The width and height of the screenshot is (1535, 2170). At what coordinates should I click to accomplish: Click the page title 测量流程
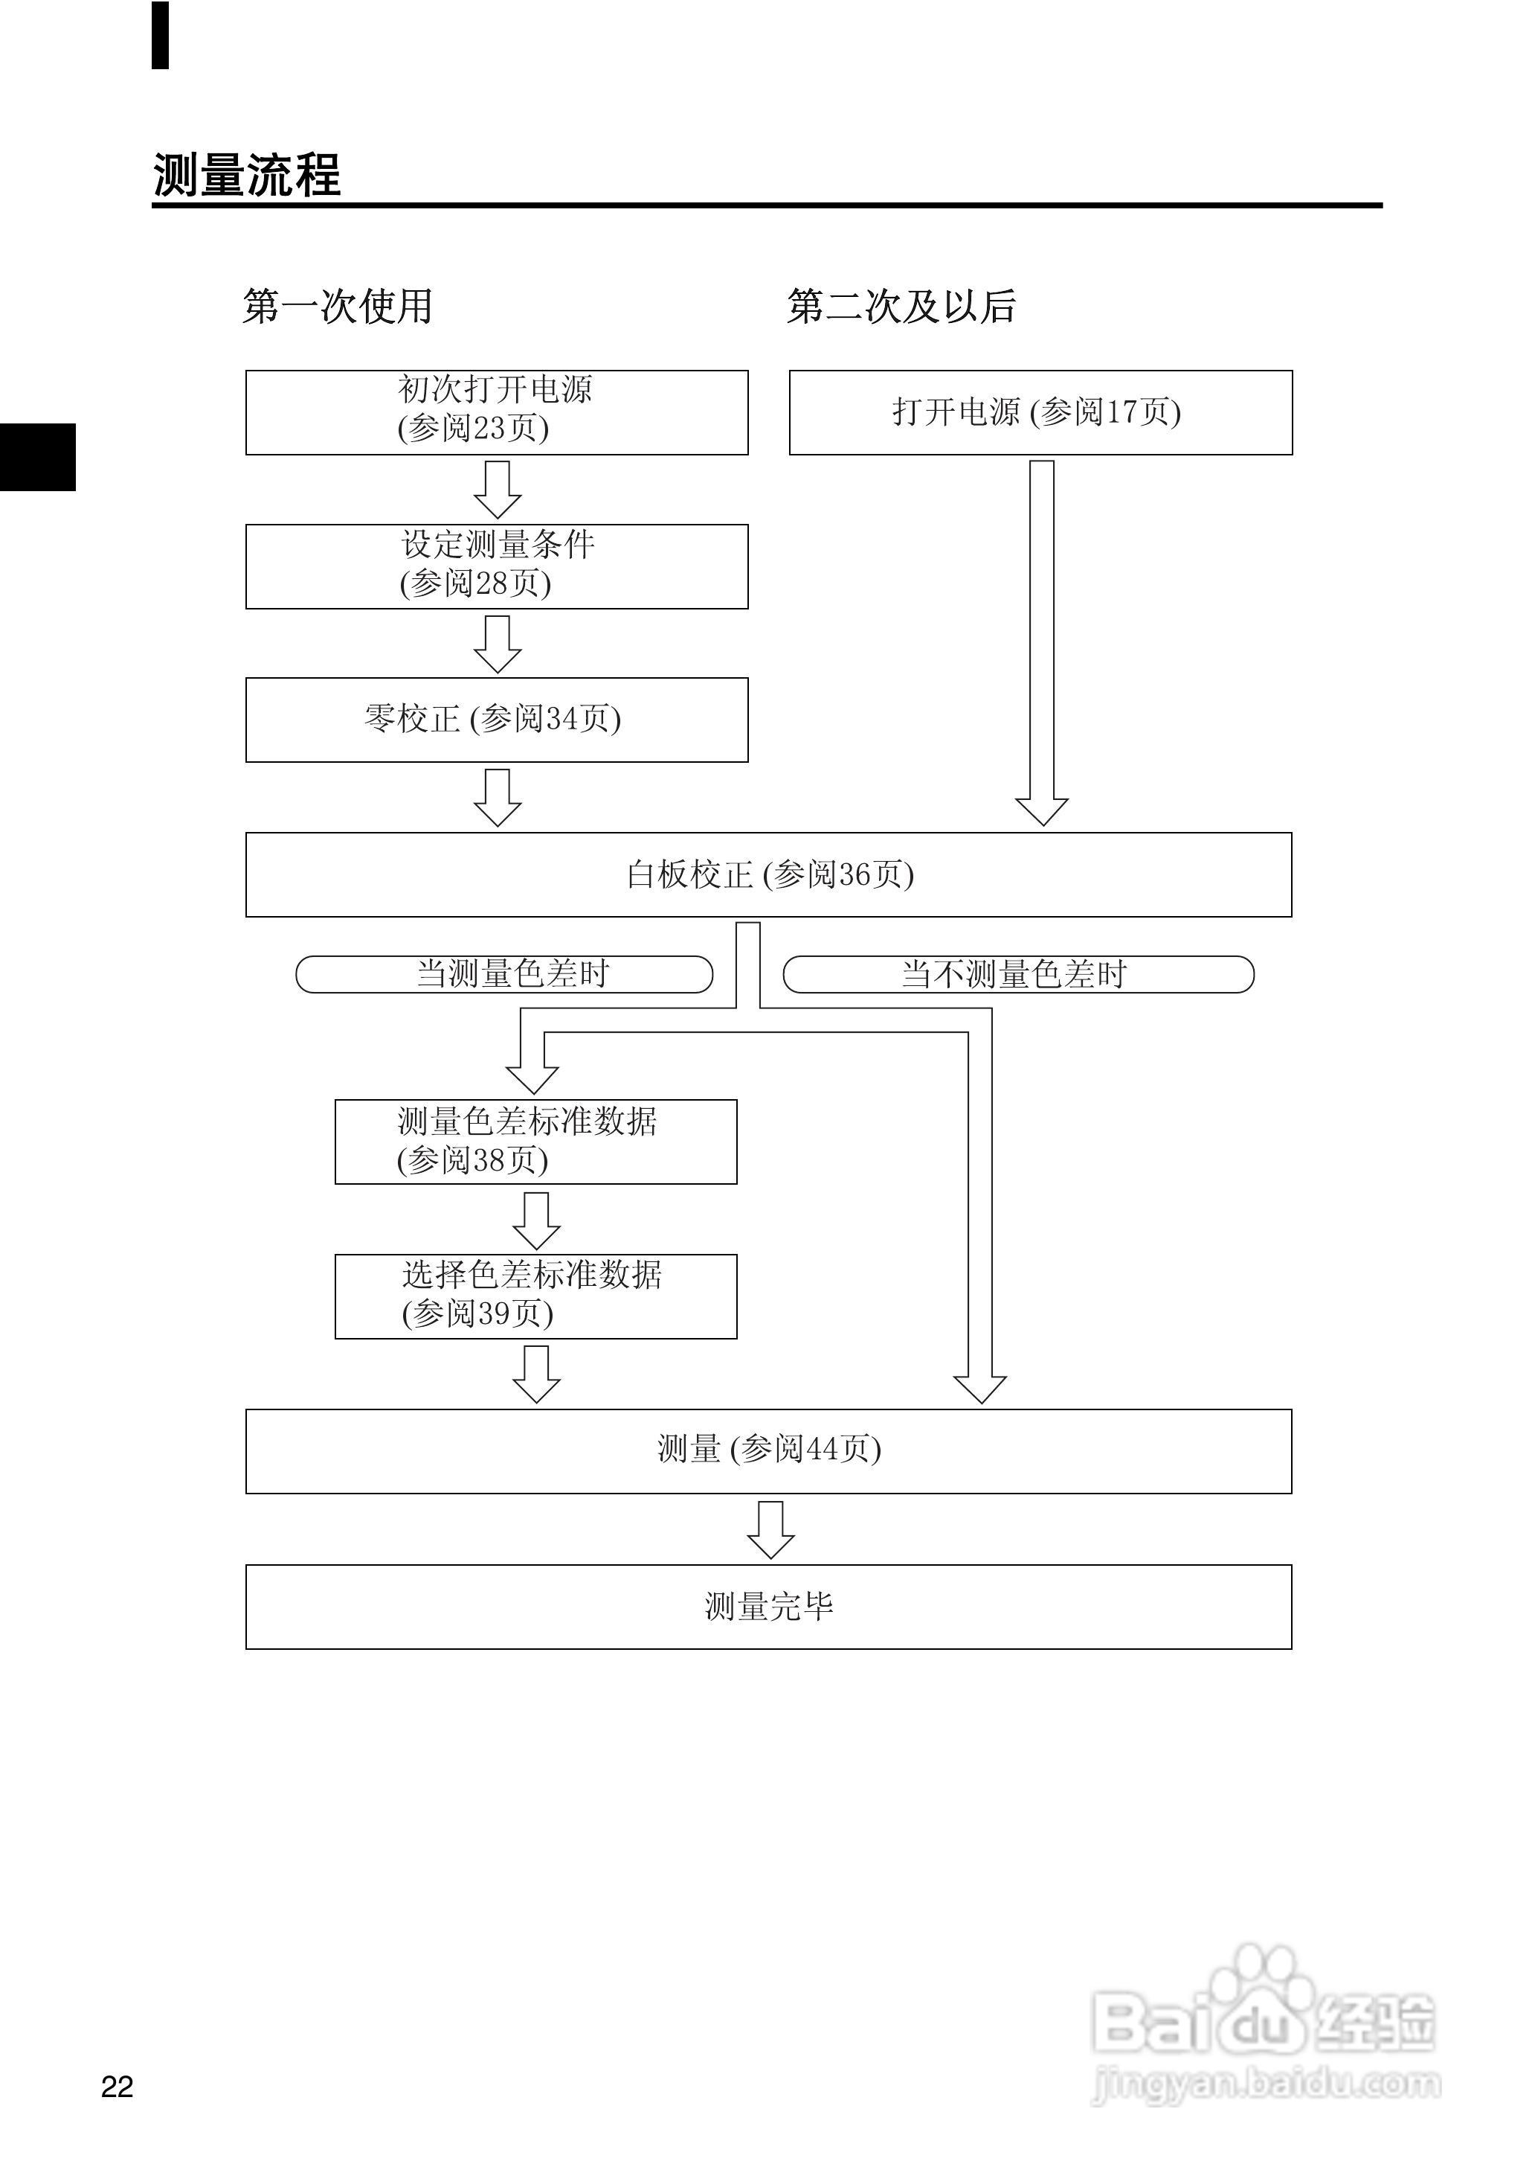coord(247,175)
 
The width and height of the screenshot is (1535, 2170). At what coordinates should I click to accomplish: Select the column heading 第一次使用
coord(338,307)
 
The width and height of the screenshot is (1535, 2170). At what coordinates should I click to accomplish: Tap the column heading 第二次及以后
coord(901,307)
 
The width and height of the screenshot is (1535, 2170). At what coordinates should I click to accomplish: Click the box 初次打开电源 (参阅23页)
coord(496,412)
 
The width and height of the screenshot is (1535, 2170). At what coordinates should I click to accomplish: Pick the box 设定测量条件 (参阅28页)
coord(496,566)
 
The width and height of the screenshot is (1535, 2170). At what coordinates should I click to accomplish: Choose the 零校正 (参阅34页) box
coord(496,720)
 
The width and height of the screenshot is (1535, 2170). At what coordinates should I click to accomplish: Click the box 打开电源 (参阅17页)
coord(1040,412)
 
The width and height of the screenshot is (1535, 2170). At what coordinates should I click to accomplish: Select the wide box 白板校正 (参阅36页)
coord(768,874)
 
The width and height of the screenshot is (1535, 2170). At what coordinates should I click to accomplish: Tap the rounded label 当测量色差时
coord(503,974)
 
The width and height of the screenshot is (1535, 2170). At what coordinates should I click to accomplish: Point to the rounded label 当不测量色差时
coord(1018,974)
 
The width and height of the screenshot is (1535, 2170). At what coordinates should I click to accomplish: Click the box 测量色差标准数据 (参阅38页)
coord(536,1142)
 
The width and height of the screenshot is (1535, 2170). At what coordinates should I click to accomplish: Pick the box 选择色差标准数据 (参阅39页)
coord(536,1296)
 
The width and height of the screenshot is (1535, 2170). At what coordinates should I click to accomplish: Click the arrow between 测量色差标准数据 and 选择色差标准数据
coord(536,1220)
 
